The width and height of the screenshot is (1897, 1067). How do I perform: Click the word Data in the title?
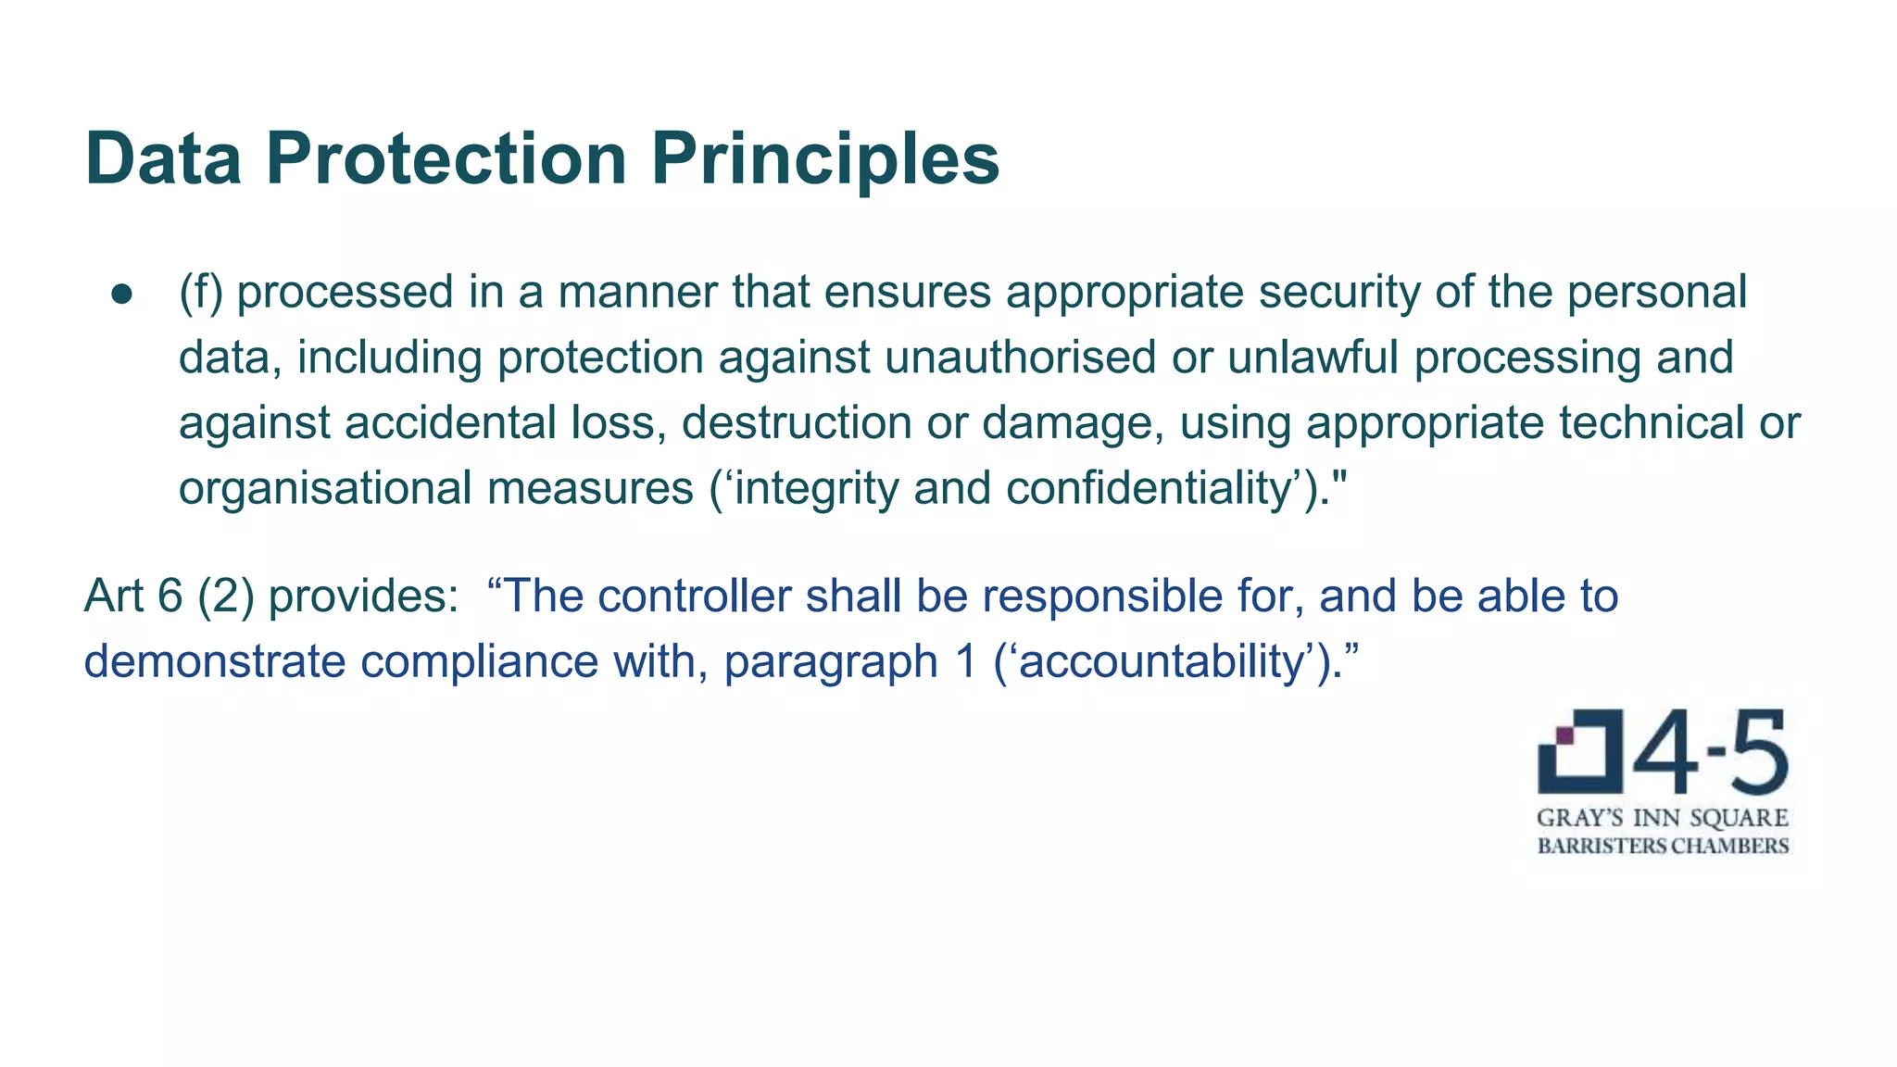point(163,159)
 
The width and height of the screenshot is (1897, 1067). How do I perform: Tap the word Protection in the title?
point(446,159)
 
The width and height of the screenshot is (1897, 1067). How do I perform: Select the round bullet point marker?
point(122,294)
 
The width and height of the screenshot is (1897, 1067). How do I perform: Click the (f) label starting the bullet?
point(200,293)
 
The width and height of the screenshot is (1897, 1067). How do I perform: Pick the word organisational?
point(325,489)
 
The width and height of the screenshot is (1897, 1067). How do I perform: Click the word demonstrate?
point(215,662)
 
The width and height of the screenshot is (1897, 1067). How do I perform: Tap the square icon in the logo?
point(1580,752)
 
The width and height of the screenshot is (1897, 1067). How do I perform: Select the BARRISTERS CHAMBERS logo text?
point(1663,846)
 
